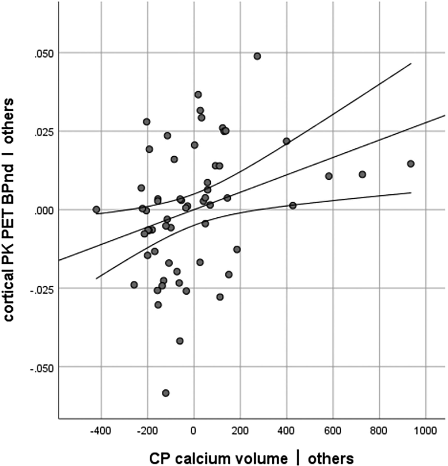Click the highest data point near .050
click(257, 56)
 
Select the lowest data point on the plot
click(166, 393)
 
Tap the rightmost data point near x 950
click(410, 164)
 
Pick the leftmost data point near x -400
click(96, 209)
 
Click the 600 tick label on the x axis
click(333, 431)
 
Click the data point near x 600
click(328, 176)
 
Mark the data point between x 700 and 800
click(362, 174)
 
